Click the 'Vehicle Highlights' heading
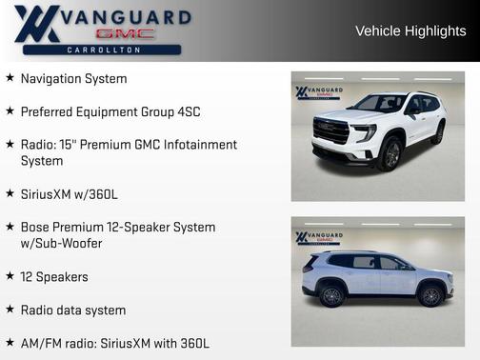click(410, 30)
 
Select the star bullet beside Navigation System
click(10, 78)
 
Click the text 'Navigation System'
click(73, 78)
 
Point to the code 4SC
click(187, 111)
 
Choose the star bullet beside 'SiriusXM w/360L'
click(10, 194)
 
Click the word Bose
click(36, 227)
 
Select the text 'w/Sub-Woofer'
click(61, 244)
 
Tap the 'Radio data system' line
click(73, 310)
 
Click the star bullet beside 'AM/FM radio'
click(10, 343)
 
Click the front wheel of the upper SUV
click(390, 153)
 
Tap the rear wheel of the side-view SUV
click(331, 295)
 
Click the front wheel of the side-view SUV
click(431, 295)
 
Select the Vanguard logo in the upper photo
click(318, 92)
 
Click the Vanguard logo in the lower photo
click(318, 237)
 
